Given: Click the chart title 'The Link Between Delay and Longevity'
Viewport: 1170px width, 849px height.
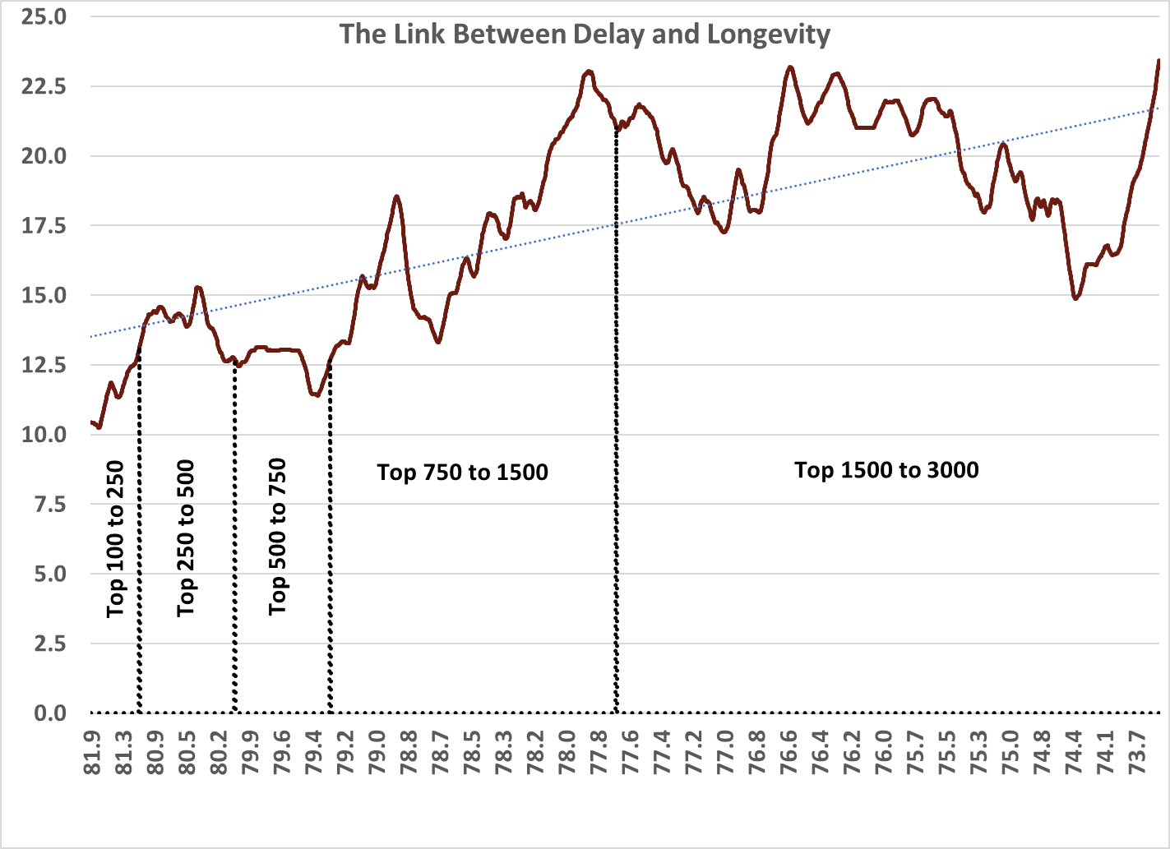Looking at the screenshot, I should (585, 35).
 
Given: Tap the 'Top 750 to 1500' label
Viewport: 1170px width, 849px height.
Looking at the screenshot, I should (462, 473).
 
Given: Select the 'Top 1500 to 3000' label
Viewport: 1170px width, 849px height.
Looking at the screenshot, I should (886, 470).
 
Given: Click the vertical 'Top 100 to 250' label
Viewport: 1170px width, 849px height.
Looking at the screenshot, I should (115, 538).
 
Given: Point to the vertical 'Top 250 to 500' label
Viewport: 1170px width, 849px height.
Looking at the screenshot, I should (186, 538).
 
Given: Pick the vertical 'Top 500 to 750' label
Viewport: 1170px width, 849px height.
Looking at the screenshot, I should (278, 537).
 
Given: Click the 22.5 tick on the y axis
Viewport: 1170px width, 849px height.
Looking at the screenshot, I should (44, 86).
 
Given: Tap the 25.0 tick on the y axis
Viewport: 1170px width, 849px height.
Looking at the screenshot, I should (44, 16).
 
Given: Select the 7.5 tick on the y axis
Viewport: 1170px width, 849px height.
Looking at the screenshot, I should (49, 505).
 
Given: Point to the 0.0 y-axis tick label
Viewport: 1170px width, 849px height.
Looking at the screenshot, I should (49, 713).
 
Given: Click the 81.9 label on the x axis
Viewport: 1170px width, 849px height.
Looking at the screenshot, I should (92, 752).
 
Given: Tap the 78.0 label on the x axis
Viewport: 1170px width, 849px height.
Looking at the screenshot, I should (567, 752).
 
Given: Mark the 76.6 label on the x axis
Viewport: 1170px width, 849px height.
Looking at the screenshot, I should (788, 752).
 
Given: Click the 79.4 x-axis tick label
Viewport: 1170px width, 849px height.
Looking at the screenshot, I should (313, 752).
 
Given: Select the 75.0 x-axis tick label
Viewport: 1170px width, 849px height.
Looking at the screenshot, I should (1010, 752).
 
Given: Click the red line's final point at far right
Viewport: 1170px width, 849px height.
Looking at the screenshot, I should (1158, 61).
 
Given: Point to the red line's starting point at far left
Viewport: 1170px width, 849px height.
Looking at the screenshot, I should (91, 422).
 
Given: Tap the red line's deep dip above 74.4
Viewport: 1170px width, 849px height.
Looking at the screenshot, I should (1075, 298).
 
